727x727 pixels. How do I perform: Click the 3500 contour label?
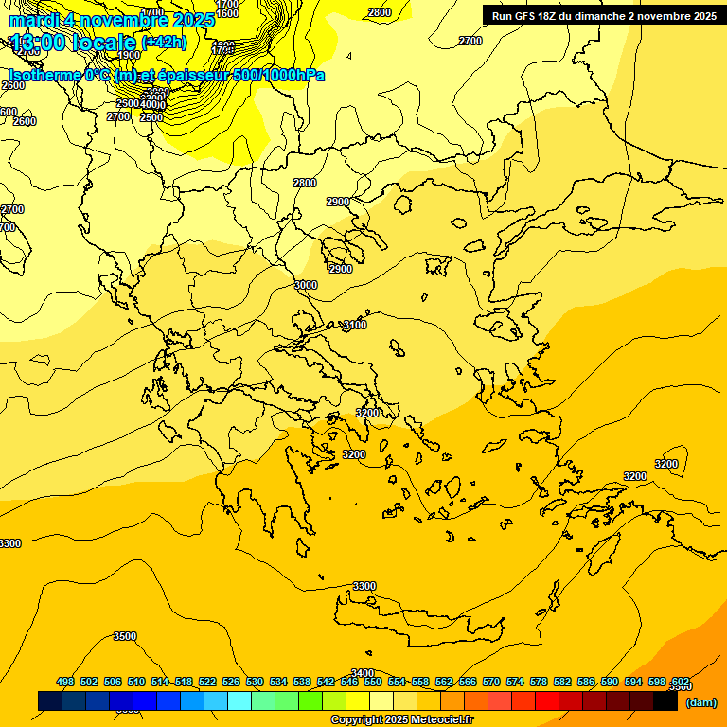(x=124, y=636)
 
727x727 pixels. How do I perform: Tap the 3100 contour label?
(x=355, y=325)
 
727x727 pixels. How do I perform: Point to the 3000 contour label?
(x=306, y=285)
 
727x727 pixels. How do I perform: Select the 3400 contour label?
(x=363, y=673)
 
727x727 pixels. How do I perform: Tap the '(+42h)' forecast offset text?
(x=163, y=43)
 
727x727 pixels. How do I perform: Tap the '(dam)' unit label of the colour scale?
(x=700, y=701)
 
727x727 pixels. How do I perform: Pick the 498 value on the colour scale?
(x=65, y=682)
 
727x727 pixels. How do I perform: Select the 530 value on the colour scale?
(x=255, y=682)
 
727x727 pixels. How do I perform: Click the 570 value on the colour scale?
(x=491, y=682)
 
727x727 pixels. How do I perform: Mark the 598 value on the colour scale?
(x=658, y=682)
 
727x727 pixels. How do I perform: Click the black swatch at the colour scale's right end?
(x=665, y=701)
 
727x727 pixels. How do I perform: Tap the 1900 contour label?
(x=130, y=55)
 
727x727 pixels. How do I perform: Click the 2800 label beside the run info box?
(x=380, y=12)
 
